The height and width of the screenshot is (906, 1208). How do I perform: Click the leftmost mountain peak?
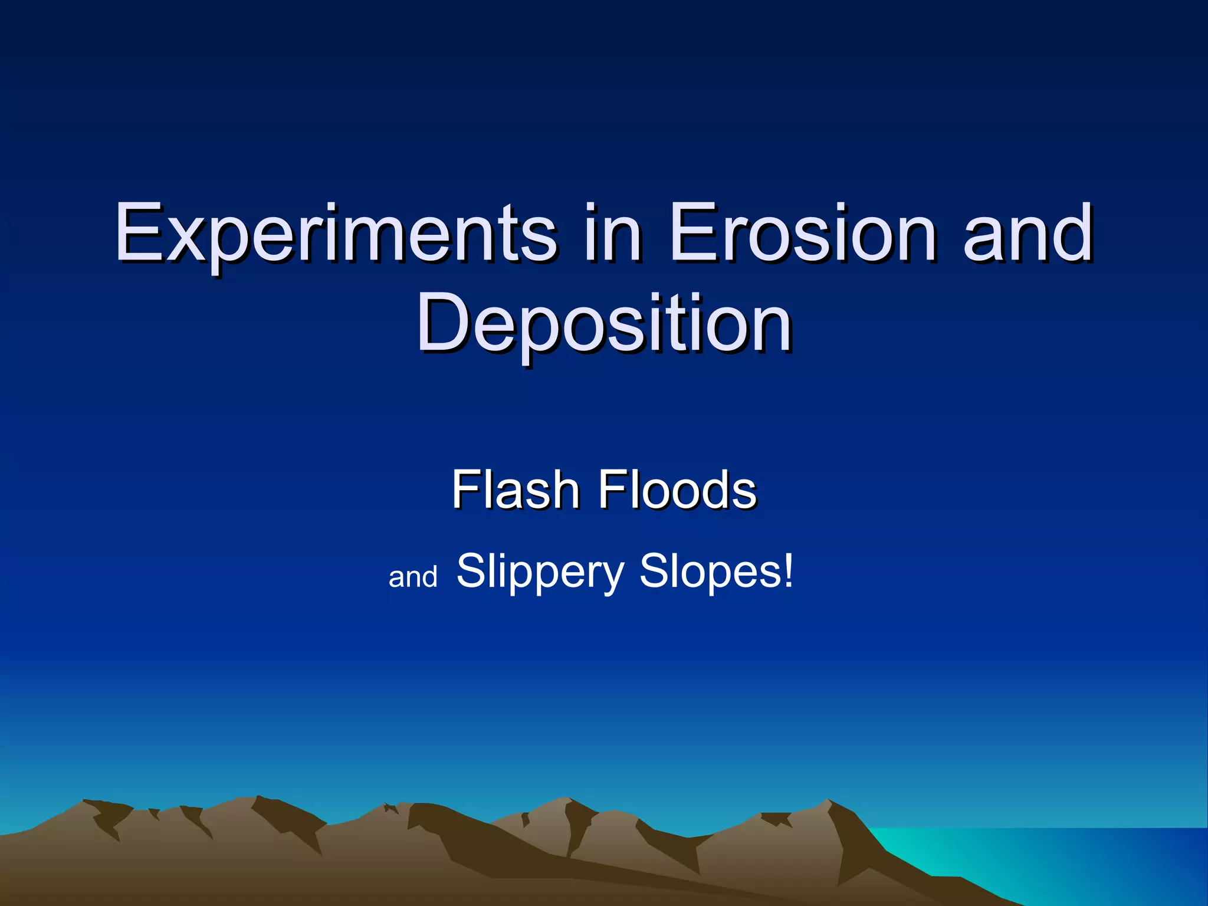(86, 803)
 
